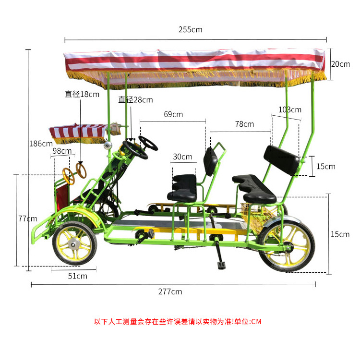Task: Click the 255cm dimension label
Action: [191, 30]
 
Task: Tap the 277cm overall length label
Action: [170, 291]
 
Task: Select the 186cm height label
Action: [41, 144]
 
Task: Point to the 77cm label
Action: [28, 218]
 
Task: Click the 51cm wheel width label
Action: [78, 276]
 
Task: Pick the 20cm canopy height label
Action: [340, 64]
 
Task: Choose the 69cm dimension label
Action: [173, 114]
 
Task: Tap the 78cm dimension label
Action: [244, 124]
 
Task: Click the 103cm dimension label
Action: [289, 109]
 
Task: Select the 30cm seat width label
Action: [182, 157]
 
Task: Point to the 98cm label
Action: [62, 151]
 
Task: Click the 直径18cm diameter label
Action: [82, 94]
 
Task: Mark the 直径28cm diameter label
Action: [136, 100]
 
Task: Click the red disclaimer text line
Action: [178, 322]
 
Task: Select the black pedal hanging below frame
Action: [221, 264]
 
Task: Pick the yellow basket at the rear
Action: [253, 214]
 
